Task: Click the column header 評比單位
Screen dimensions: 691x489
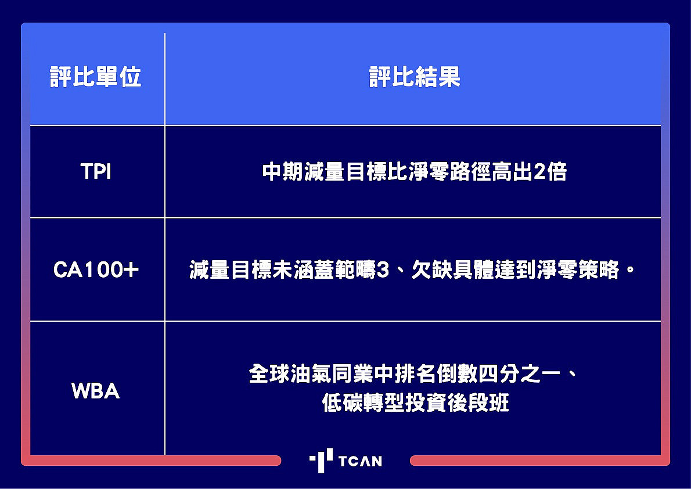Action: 95,77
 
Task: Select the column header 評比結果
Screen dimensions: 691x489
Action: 415,77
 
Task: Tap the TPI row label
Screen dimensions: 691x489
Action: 96,171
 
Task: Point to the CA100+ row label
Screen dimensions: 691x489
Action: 96,269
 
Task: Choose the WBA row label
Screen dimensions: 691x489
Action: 96,391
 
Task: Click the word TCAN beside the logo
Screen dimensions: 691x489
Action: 360,461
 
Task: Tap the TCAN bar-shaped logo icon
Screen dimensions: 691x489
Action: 321,461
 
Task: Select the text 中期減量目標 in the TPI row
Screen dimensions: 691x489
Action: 325,171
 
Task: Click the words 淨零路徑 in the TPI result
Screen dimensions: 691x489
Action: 449,171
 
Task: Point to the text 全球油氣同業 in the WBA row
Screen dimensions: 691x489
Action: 311,374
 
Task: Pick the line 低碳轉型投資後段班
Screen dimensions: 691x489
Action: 415,402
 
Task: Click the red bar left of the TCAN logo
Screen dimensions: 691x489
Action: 151,461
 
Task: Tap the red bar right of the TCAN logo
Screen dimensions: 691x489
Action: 540,461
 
